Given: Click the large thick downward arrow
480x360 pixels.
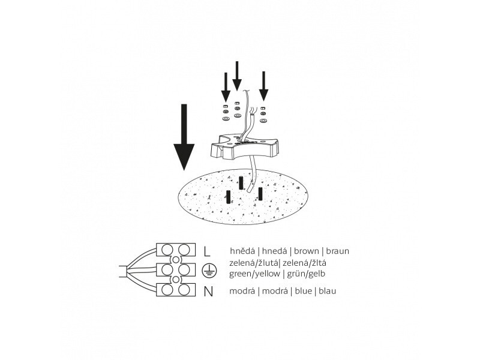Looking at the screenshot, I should pyautogui.click(x=184, y=139).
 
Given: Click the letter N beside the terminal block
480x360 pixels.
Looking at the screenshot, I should pyautogui.click(x=208, y=292).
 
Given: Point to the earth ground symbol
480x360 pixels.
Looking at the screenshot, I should pyautogui.click(x=207, y=271).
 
